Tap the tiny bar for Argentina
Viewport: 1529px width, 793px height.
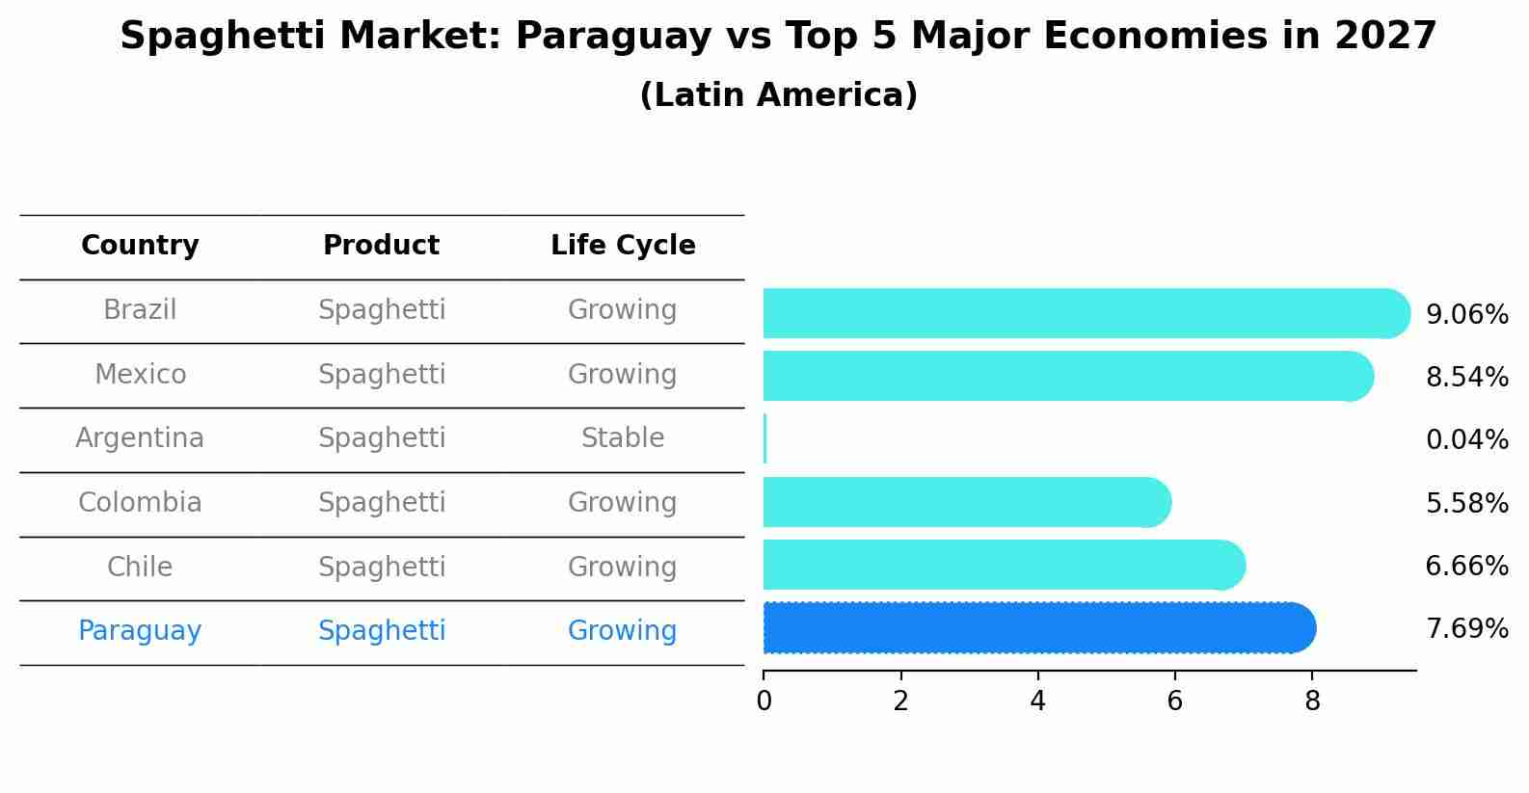click(x=764, y=439)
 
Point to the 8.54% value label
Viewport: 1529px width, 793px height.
click(x=1466, y=377)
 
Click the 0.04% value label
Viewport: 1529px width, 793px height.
click(x=1466, y=440)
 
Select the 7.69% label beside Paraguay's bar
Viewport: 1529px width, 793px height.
click(x=1466, y=629)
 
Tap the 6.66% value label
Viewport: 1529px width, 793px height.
click(x=1466, y=566)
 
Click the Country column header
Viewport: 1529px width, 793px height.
click(x=140, y=246)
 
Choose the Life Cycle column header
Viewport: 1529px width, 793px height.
click(x=623, y=246)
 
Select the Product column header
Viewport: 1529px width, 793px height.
click(x=381, y=246)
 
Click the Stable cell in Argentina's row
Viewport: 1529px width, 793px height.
click(x=623, y=438)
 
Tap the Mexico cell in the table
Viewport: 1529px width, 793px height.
click(x=140, y=374)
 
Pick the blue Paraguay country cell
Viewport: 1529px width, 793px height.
click(x=140, y=631)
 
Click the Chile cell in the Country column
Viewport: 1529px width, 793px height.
click(x=140, y=567)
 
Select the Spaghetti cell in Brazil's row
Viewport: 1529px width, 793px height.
click(x=382, y=310)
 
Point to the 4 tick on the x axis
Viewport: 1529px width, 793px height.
click(x=1037, y=701)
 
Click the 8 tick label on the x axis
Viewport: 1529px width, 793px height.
click(x=1311, y=701)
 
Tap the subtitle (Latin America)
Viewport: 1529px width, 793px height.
click(x=778, y=95)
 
